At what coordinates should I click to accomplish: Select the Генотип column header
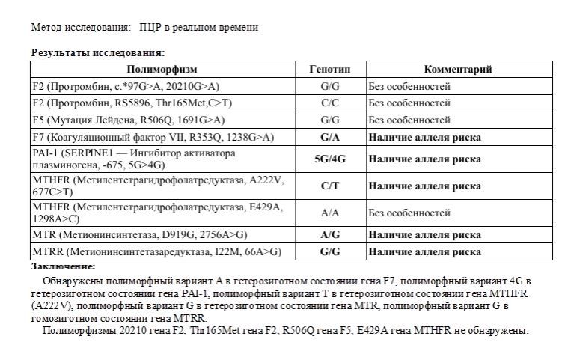[330, 70]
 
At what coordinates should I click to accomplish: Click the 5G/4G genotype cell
[330, 159]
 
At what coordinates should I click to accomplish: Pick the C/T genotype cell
[330, 186]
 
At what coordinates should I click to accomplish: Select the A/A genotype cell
[330, 213]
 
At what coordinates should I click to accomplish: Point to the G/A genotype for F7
[330, 137]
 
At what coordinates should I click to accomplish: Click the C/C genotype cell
[330, 103]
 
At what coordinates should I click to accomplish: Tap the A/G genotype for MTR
[330, 234]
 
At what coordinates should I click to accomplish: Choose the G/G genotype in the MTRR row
[330, 251]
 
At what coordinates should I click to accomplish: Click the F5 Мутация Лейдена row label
[129, 120]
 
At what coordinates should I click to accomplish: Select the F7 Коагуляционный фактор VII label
[153, 137]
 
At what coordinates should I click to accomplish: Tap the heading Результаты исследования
[98, 52]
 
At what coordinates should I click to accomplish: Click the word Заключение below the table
[64, 266]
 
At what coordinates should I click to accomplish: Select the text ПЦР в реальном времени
[198, 28]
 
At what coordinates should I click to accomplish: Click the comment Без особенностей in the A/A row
[409, 213]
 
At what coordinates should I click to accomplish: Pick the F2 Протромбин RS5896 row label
[132, 103]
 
